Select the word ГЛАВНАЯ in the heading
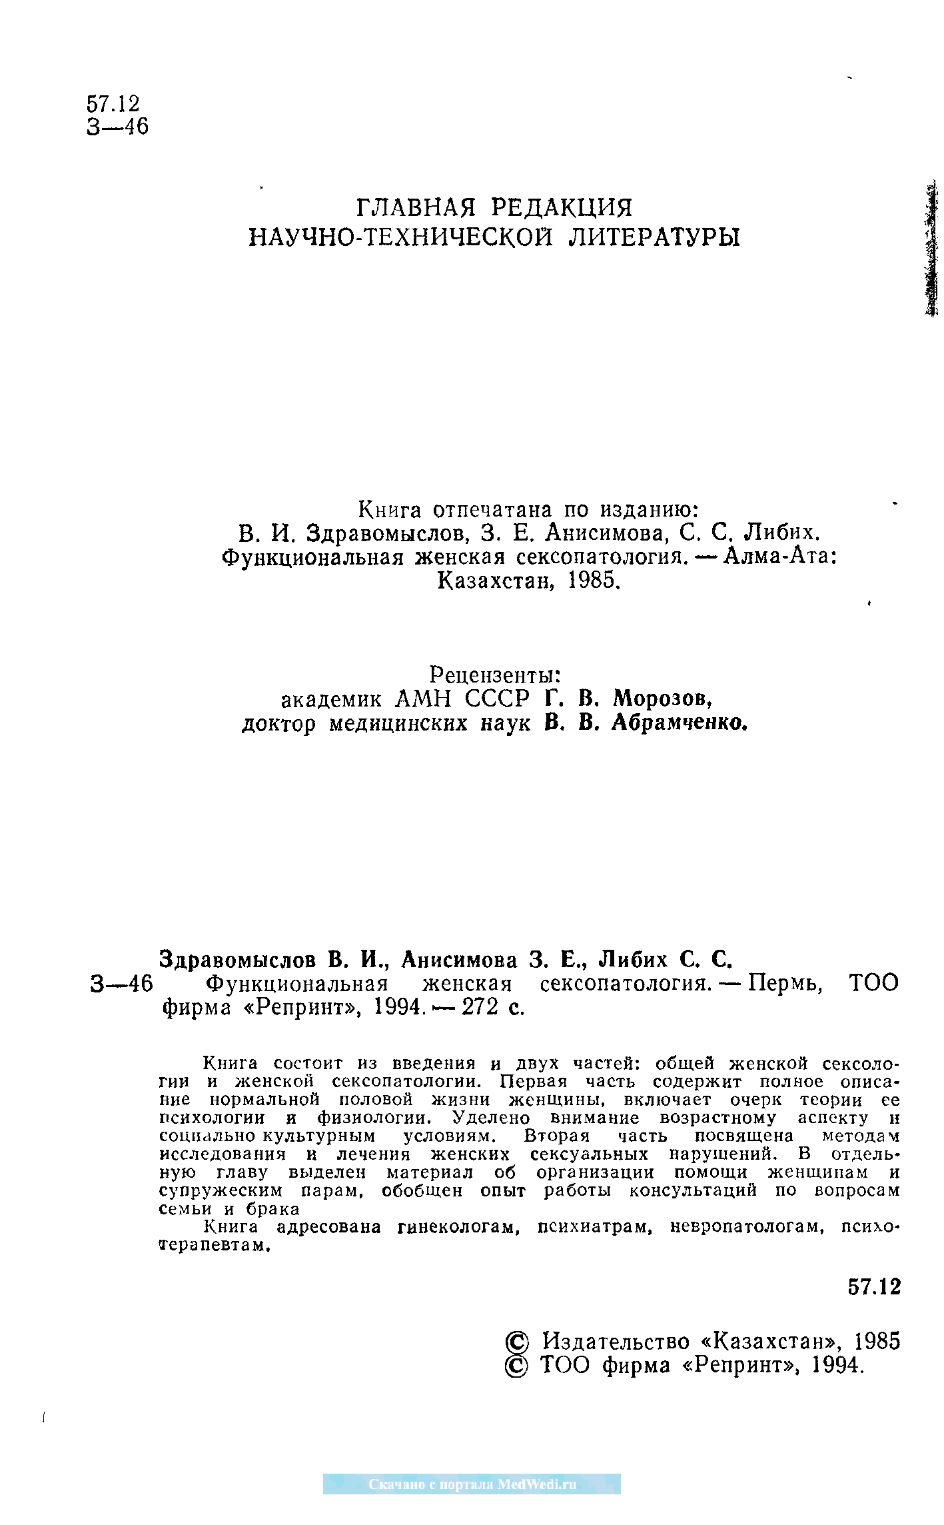[x=416, y=208]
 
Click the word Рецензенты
[x=494, y=675]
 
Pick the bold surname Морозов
[x=662, y=699]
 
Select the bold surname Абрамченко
[x=680, y=723]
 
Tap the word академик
[x=331, y=699]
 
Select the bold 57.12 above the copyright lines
[x=873, y=1286]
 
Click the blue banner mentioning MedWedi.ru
[x=472, y=1484]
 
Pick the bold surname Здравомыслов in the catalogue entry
[x=238, y=959]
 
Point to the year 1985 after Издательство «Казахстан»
[x=877, y=1341]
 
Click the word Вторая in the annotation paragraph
[x=558, y=1136]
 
